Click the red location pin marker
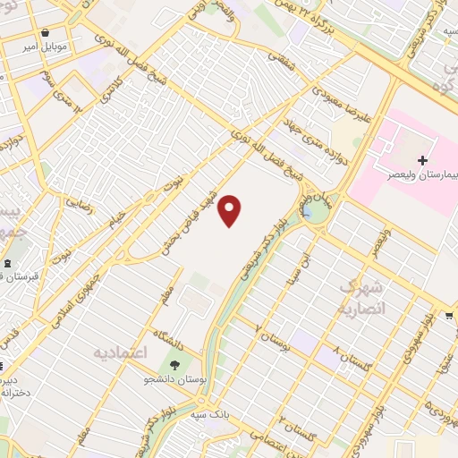click(231, 210)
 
